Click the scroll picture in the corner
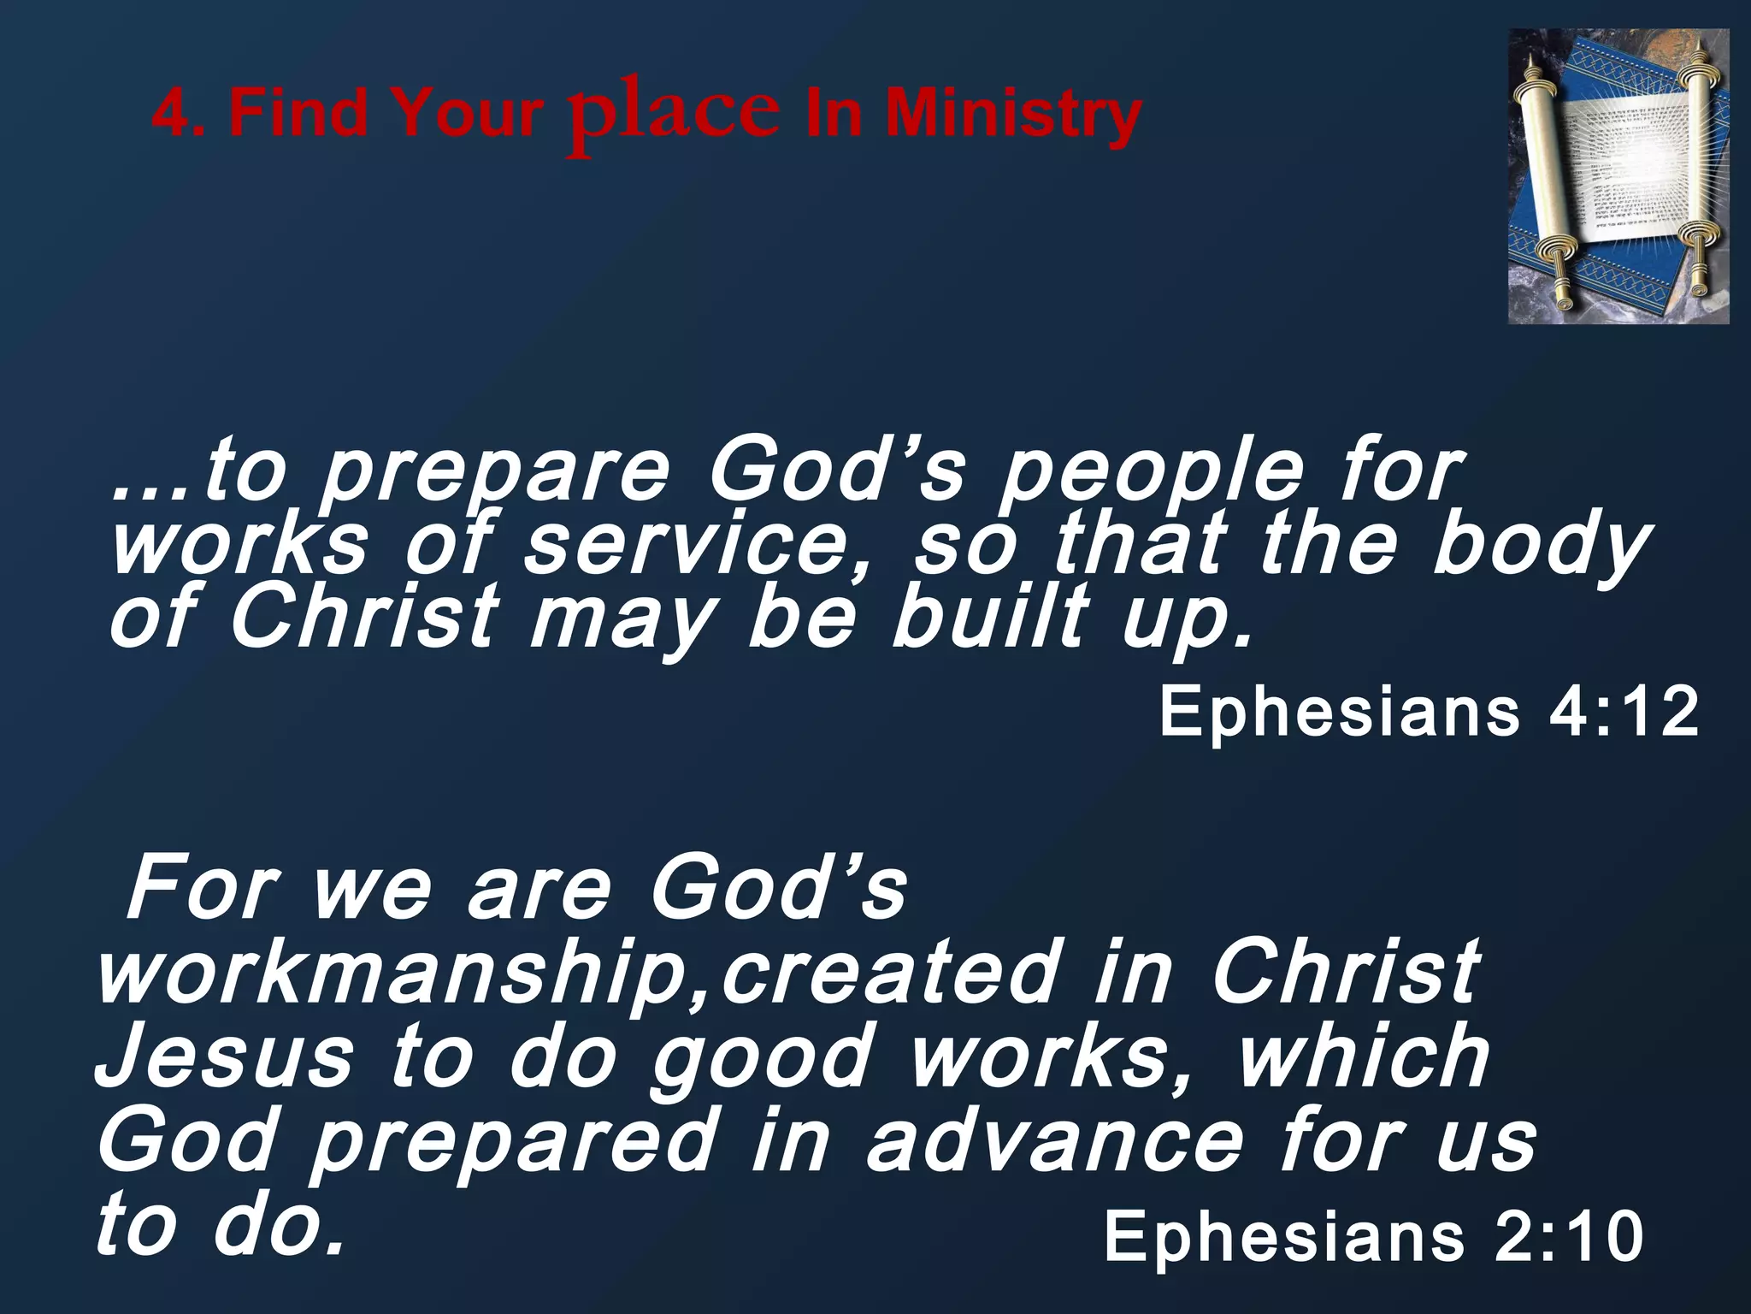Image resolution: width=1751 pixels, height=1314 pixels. click(x=1618, y=176)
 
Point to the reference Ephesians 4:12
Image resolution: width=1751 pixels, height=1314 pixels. click(x=1429, y=712)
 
